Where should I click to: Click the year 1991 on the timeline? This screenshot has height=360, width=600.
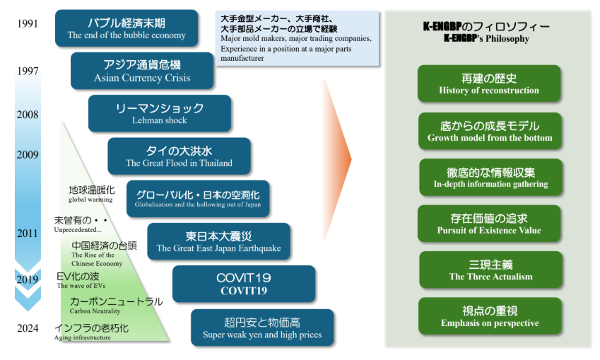tap(28, 23)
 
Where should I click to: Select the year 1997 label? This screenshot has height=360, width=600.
tap(28, 71)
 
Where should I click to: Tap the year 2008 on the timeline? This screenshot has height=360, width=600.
tap(28, 115)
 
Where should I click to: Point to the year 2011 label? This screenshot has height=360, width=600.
tap(28, 233)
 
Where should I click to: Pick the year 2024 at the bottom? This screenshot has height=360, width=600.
tap(28, 328)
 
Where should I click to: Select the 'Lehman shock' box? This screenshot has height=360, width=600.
tap(160, 113)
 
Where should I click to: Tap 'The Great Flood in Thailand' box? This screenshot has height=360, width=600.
tap(179, 156)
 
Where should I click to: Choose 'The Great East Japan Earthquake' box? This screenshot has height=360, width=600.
tap(218, 241)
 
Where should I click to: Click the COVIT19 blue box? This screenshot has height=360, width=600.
tap(244, 284)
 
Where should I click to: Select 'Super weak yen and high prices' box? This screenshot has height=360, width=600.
tap(261, 327)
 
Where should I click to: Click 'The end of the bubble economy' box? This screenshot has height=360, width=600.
tap(127, 28)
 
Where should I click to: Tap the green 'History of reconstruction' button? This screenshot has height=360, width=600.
tap(488, 83)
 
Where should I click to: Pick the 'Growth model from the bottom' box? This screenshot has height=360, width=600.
tap(490, 131)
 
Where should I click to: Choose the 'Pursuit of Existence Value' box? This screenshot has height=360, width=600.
tap(489, 223)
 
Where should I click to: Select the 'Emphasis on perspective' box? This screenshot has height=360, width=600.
tap(490, 316)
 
